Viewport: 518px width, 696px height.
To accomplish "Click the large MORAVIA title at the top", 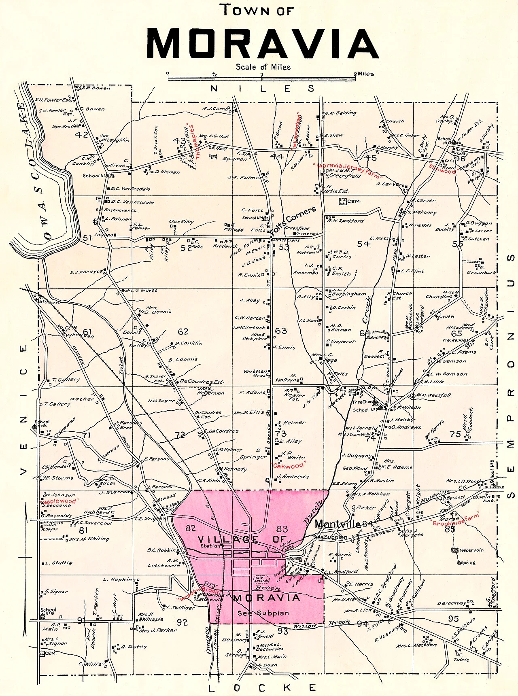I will coord(262,43).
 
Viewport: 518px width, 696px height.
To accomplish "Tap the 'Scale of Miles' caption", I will coord(263,67).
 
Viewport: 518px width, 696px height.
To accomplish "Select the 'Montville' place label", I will coord(338,524).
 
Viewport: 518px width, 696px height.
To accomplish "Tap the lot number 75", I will coord(455,434).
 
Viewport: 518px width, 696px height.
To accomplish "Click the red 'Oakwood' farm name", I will coord(288,466).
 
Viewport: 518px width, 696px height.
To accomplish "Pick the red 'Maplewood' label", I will coord(60,501).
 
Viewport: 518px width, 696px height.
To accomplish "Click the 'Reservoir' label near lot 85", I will coord(471,550).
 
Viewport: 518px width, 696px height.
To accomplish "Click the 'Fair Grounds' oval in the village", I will coord(261,579).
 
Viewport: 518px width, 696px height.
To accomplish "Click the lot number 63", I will coord(281,331).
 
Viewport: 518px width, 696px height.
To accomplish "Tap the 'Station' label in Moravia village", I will coord(210,546).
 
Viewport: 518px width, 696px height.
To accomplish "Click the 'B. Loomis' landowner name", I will coord(183,359).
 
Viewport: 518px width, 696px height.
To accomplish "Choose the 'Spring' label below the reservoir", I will coord(468,563).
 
